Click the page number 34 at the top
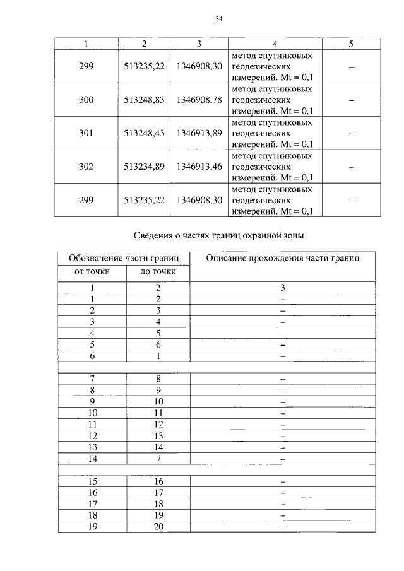click(219, 19)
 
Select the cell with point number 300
click(85, 100)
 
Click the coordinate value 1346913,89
click(199, 133)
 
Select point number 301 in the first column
click(85, 133)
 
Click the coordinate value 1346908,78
click(199, 100)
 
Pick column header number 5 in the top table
click(351, 43)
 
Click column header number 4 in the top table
click(275, 43)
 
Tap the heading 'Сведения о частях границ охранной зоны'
click(219, 237)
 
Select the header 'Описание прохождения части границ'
click(282, 258)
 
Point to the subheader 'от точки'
click(92, 272)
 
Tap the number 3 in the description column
click(283, 287)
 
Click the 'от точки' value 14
click(92, 459)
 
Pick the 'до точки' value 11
click(158, 413)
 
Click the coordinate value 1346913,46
click(199, 167)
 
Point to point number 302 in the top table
click(85, 167)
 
